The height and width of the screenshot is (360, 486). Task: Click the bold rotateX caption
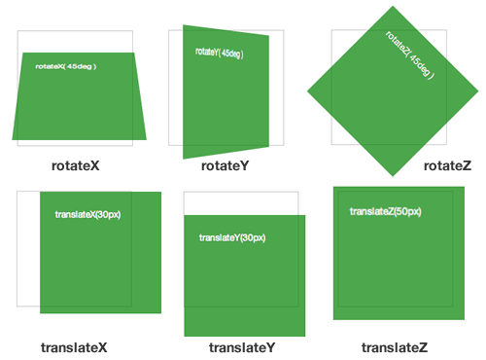coord(76,165)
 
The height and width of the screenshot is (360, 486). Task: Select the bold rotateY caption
coord(226,165)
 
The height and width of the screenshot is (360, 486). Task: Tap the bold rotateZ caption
coord(447,165)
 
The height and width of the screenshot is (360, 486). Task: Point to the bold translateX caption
coord(74,347)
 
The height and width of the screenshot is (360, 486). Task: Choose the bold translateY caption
coord(242,347)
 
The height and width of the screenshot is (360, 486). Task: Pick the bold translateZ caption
coord(395,347)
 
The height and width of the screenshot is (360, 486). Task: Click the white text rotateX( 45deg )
coord(66,66)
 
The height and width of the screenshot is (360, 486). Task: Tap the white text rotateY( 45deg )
coord(220,53)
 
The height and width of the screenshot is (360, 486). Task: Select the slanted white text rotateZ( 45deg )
coord(410,55)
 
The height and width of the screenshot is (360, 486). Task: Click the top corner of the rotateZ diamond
coord(393,6)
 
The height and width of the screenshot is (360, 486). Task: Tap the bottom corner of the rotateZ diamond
coord(393,176)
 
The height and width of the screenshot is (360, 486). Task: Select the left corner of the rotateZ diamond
coord(307,91)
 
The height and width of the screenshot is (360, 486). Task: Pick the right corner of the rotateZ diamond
coord(478,91)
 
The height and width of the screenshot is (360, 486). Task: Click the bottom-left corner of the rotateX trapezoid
coord(13,140)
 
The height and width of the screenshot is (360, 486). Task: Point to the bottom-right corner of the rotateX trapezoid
coord(147,140)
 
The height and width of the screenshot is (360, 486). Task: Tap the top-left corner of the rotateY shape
coord(183,25)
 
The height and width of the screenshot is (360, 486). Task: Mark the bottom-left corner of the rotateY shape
coord(183,159)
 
